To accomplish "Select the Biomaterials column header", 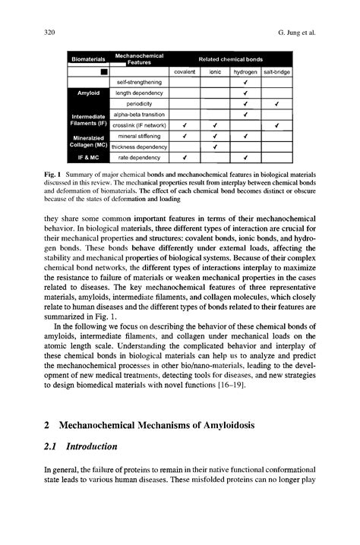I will click(88, 59).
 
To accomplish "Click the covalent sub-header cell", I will click(185, 72).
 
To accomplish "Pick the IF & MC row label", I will click(88, 158).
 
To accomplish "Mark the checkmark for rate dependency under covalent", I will click(185, 158).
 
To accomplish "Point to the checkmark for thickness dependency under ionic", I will click(216, 146).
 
